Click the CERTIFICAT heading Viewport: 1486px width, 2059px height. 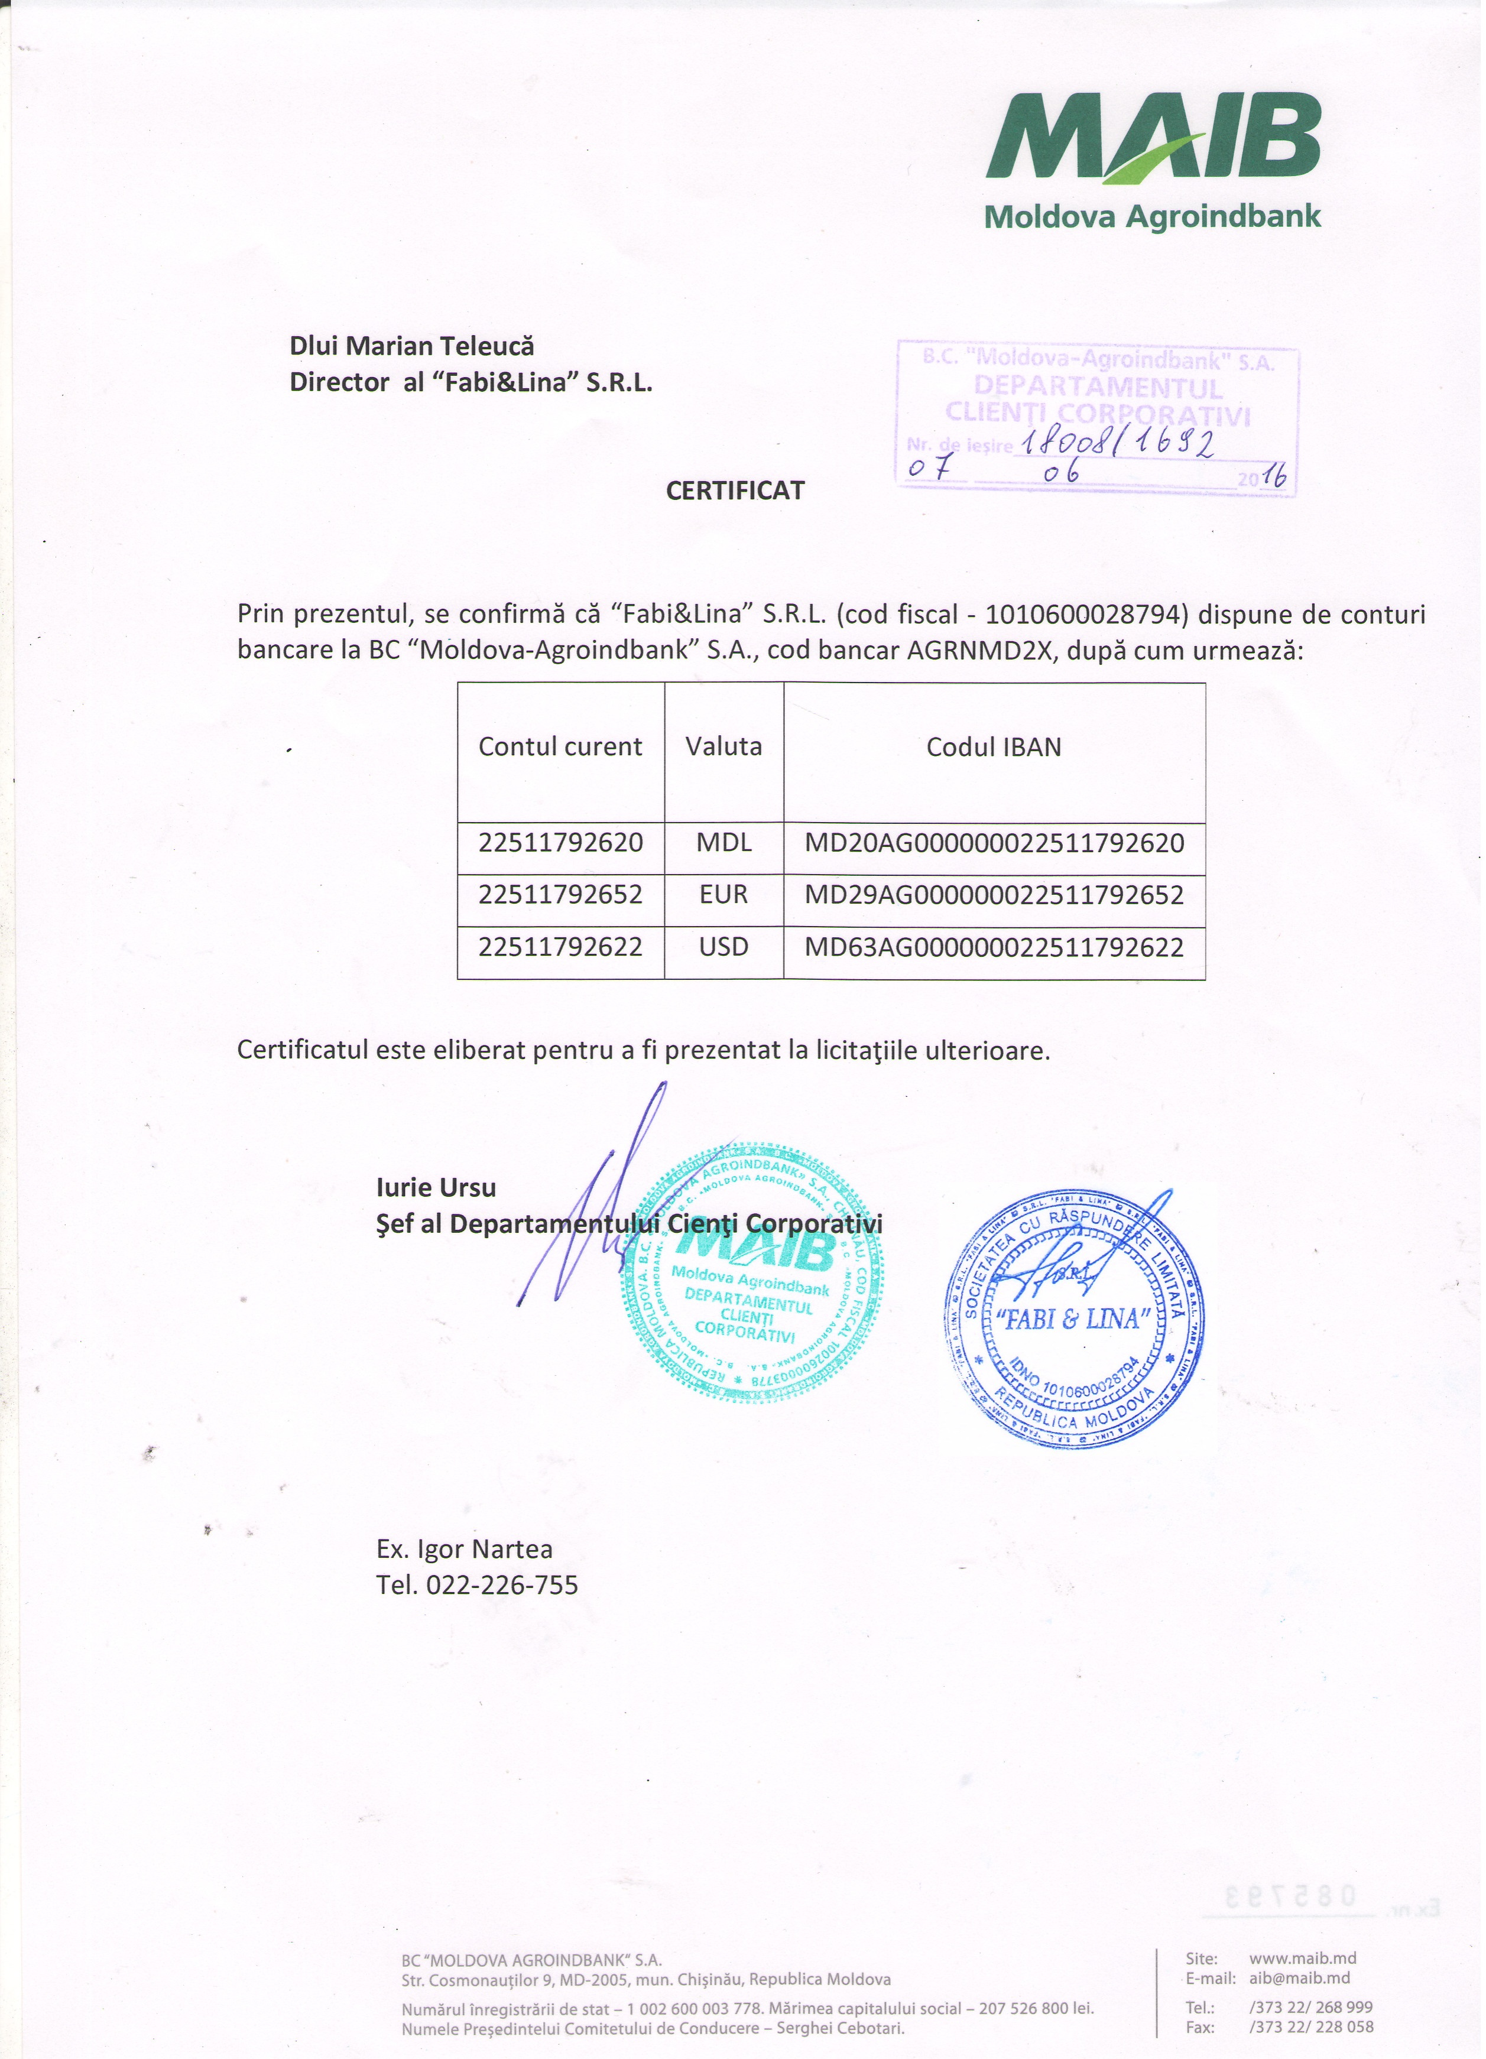[x=735, y=491]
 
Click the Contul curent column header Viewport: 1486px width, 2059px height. [x=560, y=747]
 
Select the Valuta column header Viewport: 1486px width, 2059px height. [x=723, y=747]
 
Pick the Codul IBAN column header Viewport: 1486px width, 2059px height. [x=994, y=747]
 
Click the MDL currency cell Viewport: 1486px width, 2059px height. [x=723, y=843]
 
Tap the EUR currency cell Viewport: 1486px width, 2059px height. [x=723, y=895]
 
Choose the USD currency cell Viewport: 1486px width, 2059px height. [x=723, y=948]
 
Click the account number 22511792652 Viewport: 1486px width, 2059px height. [x=560, y=895]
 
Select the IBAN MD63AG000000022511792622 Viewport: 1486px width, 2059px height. [x=994, y=949]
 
